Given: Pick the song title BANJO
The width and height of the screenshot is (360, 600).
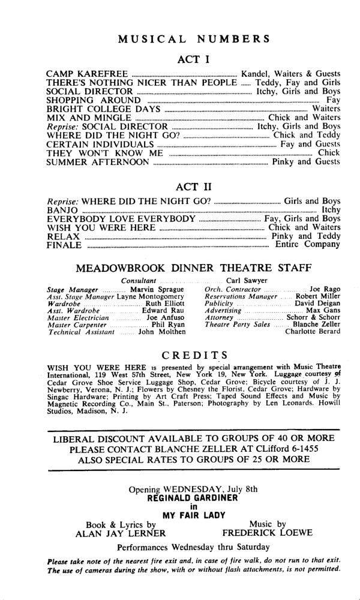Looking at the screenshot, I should tap(62, 209).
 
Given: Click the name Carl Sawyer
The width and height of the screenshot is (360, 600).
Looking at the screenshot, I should tap(247, 280).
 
